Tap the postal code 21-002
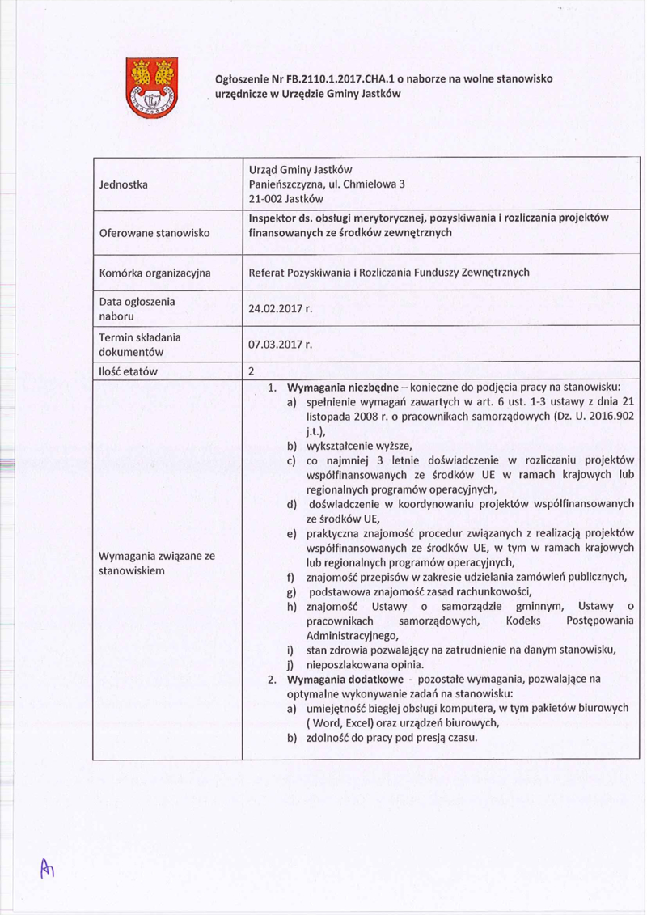click(267, 198)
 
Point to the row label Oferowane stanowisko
click(154, 233)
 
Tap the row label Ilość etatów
click(127, 371)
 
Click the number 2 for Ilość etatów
click(252, 371)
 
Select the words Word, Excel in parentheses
click(341, 722)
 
